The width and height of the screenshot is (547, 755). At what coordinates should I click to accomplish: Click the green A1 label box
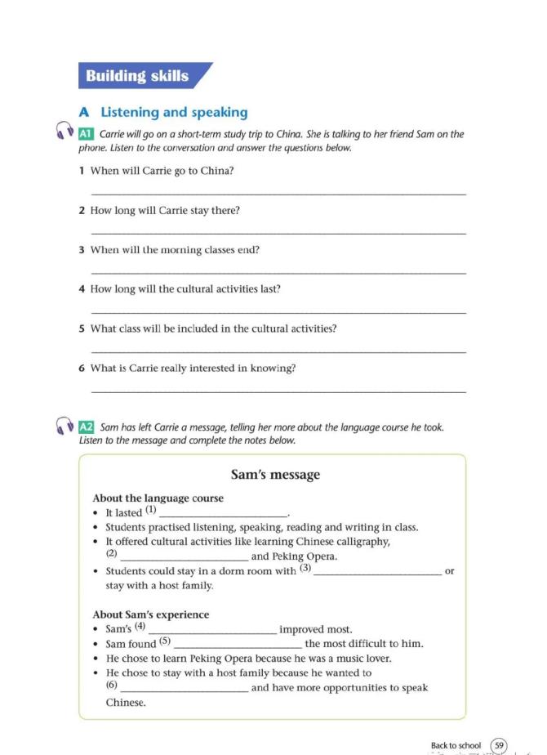(87, 134)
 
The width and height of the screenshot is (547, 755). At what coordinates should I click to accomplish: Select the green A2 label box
(87, 427)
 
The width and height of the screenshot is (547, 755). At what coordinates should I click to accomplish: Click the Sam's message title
(275, 475)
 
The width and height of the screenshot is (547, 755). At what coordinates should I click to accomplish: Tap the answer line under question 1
(278, 194)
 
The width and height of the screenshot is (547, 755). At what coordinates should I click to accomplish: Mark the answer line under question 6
(278, 391)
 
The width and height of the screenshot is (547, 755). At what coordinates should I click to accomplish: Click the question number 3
(82, 250)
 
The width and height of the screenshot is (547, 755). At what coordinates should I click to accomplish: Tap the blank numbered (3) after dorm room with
(377, 573)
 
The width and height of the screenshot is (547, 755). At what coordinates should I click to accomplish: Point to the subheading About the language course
(158, 498)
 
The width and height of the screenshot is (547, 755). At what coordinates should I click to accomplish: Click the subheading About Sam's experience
(151, 614)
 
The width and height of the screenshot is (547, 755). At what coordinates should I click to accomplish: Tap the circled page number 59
(499, 745)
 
